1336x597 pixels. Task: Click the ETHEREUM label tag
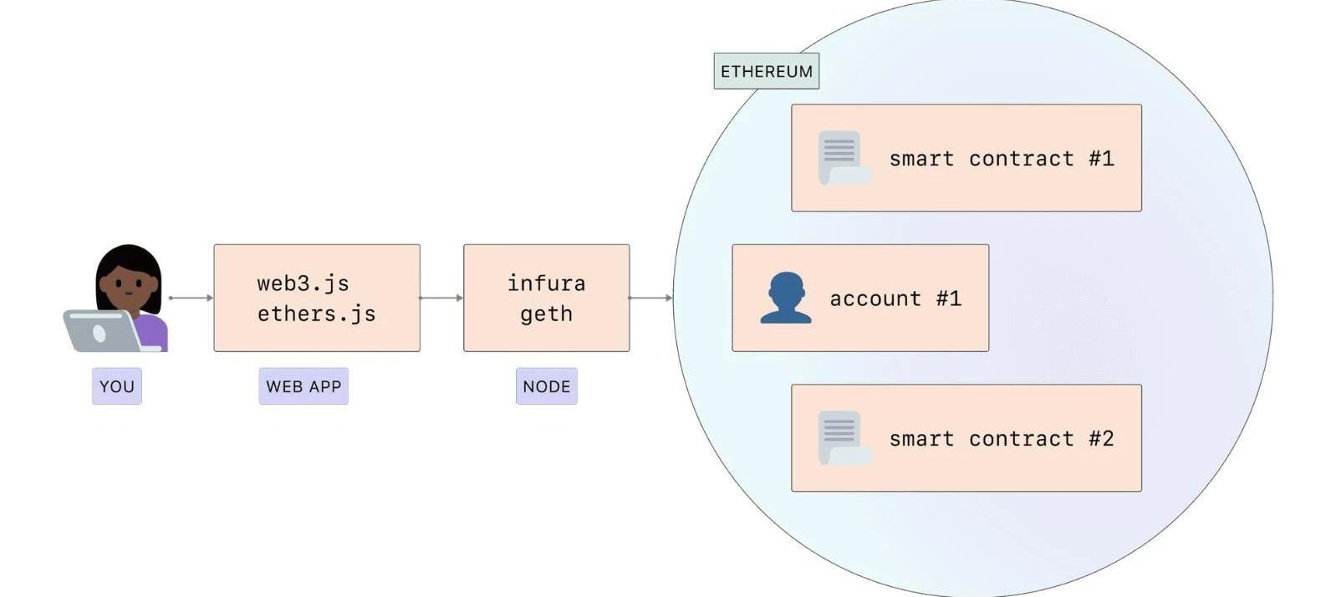(766, 71)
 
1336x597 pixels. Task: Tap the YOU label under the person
(117, 386)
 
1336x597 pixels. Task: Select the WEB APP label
(303, 386)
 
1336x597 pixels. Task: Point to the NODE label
(547, 386)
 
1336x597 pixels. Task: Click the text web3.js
(303, 283)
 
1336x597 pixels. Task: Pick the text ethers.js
(316, 314)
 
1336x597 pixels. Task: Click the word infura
(547, 283)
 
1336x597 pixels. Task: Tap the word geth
(547, 314)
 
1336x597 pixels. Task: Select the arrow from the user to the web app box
(191, 298)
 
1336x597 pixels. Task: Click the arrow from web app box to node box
(441, 298)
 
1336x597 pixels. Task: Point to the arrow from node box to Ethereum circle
(650, 298)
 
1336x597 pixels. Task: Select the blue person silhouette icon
(785, 298)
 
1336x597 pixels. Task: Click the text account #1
(895, 298)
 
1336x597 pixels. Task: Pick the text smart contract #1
(1002, 159)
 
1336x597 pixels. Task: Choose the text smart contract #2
(1002, 439)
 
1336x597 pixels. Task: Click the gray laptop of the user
(100, 331)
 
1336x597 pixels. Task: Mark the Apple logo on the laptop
(99, 334)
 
